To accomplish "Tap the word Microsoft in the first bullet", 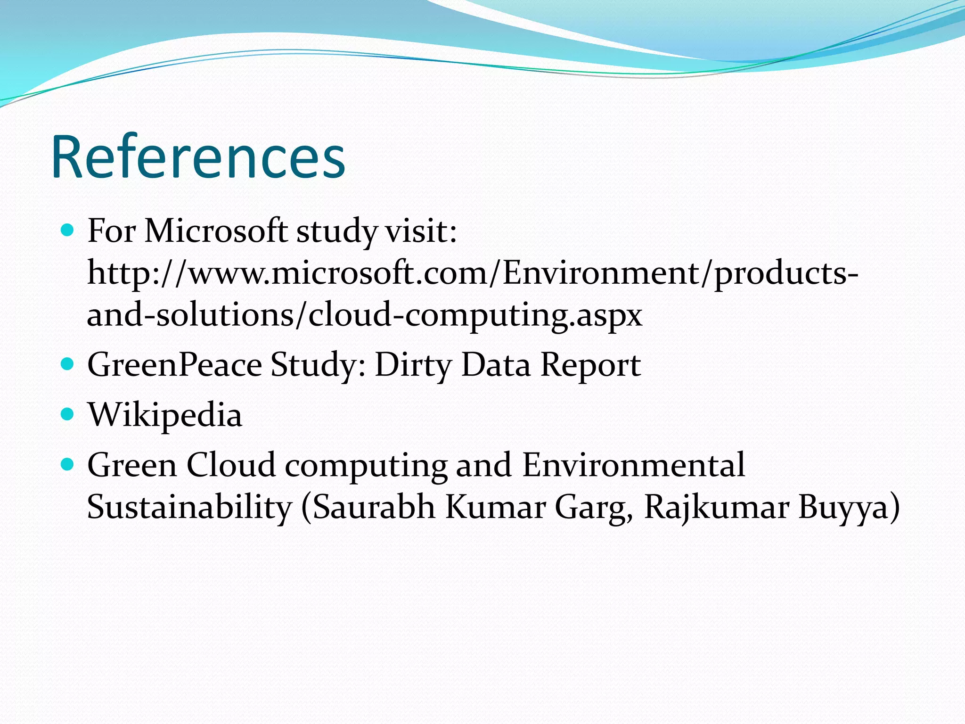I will coord(216,231).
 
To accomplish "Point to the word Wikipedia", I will coord(165,415).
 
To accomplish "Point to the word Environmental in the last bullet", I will coord(633,465).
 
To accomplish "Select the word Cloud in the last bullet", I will coord(231,465).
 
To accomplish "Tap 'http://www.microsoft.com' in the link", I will coord(287,273).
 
